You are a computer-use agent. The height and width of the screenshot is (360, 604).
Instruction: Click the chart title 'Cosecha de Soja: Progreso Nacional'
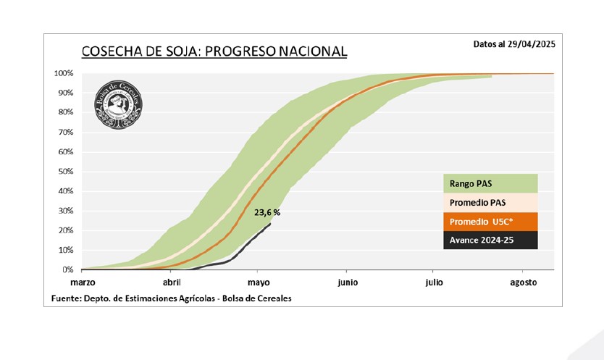[214, 51]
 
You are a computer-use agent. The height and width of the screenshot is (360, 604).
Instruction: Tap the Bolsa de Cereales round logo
[118, 104]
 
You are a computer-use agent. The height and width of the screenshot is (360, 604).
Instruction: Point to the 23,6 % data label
[267, 213]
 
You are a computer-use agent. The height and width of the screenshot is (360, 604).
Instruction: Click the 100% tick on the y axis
[63, 74]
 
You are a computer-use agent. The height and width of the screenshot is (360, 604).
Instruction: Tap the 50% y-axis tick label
[65, 172]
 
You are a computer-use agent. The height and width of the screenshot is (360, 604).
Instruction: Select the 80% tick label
[65, 113]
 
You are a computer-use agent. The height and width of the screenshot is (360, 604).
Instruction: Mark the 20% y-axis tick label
[65, 230]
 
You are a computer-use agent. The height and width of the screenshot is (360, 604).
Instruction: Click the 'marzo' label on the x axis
[83, 282]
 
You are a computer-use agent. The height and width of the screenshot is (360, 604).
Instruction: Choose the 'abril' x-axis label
[172, 282]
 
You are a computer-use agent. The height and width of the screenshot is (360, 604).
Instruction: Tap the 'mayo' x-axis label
[259, 282]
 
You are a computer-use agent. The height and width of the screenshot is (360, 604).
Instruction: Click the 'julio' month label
[435, 282]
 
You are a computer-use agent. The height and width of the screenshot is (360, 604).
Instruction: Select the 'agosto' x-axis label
[523, 282]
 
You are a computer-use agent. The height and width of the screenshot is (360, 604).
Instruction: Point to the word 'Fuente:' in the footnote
[66, 298]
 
